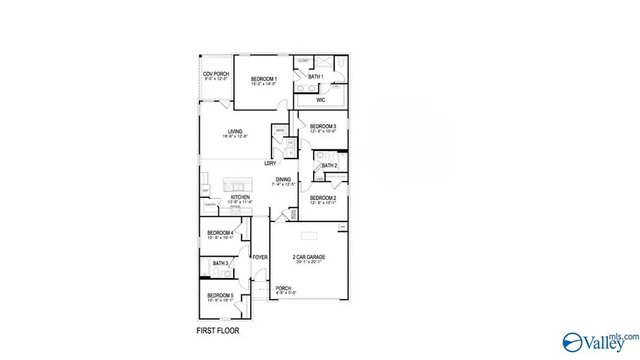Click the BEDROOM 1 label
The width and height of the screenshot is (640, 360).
(x=264, y=79)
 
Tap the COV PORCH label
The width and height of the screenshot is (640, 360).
(x=215, y=74)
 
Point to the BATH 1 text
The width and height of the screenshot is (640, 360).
(x=316, y=77)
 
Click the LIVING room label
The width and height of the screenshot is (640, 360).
(x=235, y=131)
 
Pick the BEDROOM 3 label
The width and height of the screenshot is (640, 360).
(x=323, y=127)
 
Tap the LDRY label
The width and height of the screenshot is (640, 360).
(x=270, y=163)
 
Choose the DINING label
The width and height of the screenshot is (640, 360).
(x=284, y=179)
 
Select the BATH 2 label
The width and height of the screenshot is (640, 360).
(x=329, y=166)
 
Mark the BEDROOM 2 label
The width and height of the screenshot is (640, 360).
(x=323, y=198)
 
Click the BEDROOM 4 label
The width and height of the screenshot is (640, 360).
(x=220, y=233)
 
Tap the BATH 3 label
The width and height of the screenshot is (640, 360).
(x=220, y=263)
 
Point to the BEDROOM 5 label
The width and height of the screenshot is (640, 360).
(x=220, y=295)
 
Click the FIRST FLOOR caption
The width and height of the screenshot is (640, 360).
(x=218, y=332)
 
